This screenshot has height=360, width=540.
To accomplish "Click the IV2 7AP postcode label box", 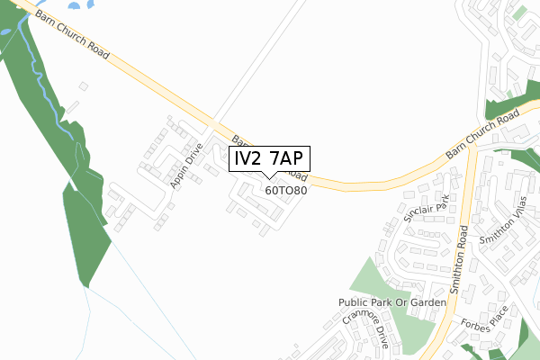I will (x=270, y=158).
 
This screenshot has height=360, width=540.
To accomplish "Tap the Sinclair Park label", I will (x=427, y=215).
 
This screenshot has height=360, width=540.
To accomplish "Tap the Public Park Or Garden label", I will (x=392, y=302).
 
